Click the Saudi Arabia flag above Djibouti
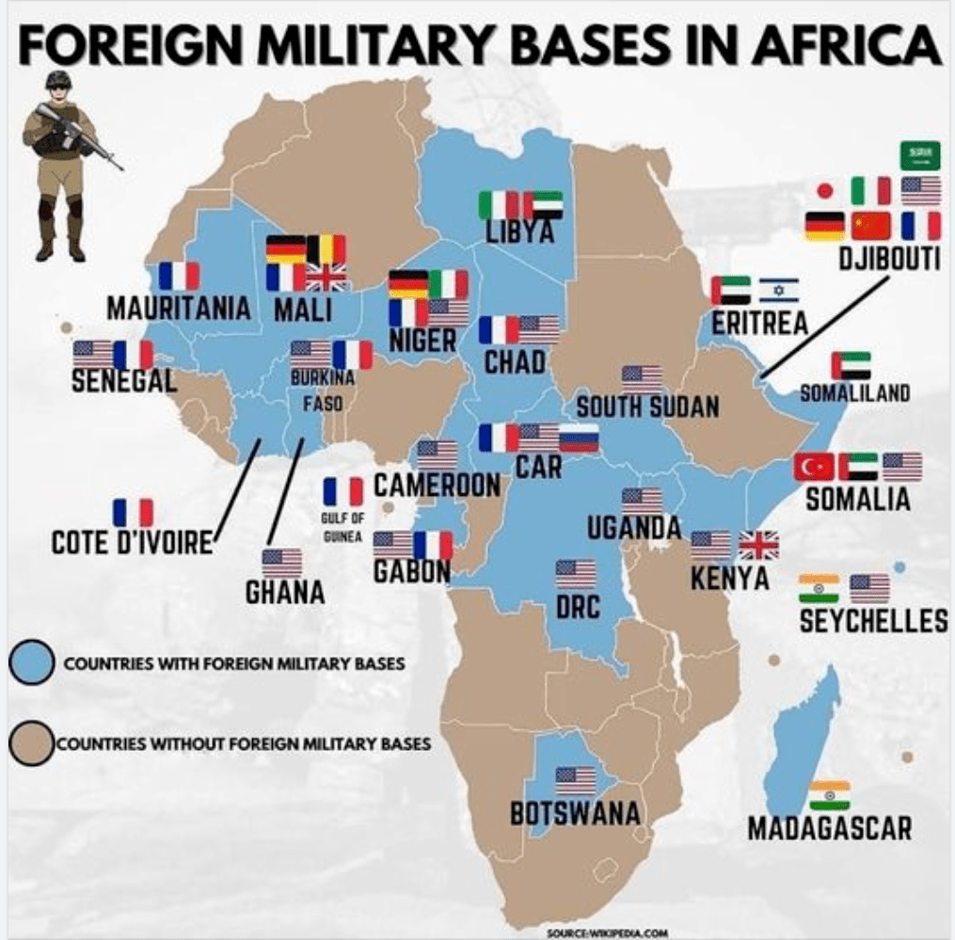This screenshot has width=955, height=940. tap(920, 155)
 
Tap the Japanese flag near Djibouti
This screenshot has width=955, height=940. tap(825, 191)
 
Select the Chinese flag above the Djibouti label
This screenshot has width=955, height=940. tap(870, 226)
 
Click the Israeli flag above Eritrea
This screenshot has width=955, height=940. tap(778, 290)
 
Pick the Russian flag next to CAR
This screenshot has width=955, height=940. tap(579, 438)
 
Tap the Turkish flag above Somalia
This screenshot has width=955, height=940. tap(813, 467)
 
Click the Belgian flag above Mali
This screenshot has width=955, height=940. tap(326, 248)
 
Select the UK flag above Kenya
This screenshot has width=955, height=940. tap(758, 545)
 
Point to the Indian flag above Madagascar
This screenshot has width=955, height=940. tap(829, 795)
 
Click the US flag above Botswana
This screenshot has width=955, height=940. tap(575, 780)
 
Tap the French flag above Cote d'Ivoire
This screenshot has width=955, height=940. tap(133, 513)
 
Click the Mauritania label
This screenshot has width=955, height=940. tap(179, 308)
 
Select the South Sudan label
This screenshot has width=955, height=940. tap(647, 406)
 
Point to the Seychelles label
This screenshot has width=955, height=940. tap(873, 622)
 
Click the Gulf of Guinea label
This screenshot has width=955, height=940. tap(342, 528)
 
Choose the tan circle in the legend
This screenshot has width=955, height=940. tap(30, 743)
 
